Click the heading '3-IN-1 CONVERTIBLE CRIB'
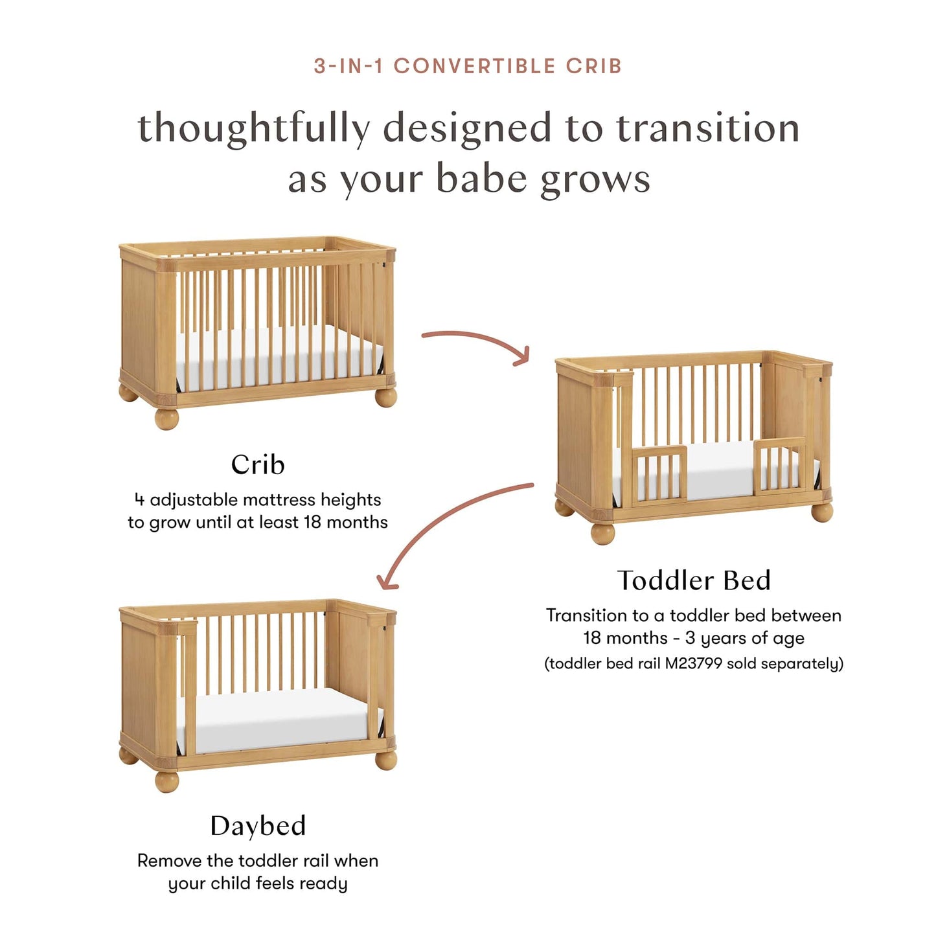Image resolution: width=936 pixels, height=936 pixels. pyautogui.click(x=468, y=66)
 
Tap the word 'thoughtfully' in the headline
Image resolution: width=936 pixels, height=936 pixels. pyautogui.click(x=254, y=128)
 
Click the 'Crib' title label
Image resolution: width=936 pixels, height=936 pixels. pyautogui.click(x=258, y=464)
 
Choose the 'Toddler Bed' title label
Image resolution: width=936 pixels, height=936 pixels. pyautogui.click(x=694, y=580)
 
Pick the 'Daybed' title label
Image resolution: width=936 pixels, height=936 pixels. pyautogui.click(x=258, y=826)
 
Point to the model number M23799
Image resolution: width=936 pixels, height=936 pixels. pyautogui.click(x=693, y=663)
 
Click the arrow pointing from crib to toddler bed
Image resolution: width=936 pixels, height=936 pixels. pyautogui.click(x=476, y=341)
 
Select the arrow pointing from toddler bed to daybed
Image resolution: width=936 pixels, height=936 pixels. pyautogui.click(x=447, y=525)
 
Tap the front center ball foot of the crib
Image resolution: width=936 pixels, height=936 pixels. pyautogui.click(x=166, y=418)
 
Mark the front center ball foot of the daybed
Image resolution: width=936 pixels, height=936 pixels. pyautogui.click(x=166, y=781)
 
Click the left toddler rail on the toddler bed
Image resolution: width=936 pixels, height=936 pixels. pyautogui.click(x=659, y=473)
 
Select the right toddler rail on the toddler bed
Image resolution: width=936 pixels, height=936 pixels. pyautogui.click(x=780, y=466)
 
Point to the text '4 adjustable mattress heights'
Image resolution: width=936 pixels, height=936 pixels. pyautogui.click(x=258, y=500)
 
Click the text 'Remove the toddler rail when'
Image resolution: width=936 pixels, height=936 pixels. pyautogui.click(x=258, y=861)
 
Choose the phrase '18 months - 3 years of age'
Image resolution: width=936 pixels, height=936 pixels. pyautogui.click(x=694, y=638)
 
